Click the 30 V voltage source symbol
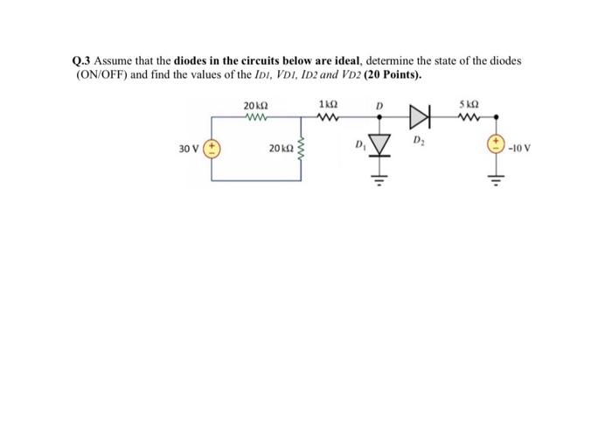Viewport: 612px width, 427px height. pyautogui.click(x=212, y=148)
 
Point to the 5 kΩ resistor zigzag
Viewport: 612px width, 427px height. pyautogui.click(x=472, y=115)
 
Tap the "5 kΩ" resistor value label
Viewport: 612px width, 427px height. pyautogui.click(x=473, y=104)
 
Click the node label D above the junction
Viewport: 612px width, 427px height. pyautogui.click(x=379, y=105)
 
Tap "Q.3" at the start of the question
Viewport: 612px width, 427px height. pyautogui.click(x=80, y=61)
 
